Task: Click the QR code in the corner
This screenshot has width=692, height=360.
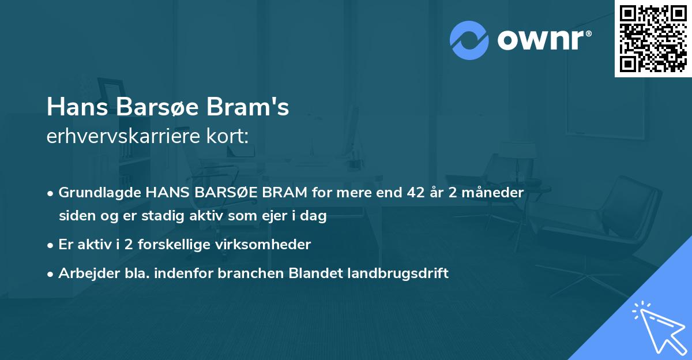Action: [x=653, y=39]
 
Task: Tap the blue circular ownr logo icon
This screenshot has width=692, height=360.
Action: [x=469, y=40]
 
